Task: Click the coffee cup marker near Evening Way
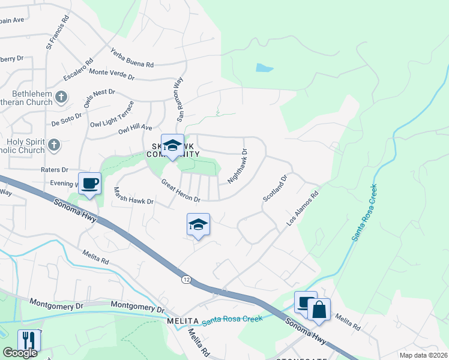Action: (x=90, y=184)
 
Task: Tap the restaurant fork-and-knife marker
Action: (x=29, y=340)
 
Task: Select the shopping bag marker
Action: (x=319, y=310)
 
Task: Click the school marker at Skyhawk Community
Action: (x=172, y=146)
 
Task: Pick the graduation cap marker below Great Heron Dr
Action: (x=198, y=225)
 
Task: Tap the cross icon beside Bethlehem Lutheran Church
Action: (x=61, y=96)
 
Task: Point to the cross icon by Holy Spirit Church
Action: (x=54, y=145)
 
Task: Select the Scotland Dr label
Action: (x=276, y=188)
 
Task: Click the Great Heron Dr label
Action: (x=180, y=190)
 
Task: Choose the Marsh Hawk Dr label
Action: (x=134, y=196)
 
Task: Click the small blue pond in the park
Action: (x=265, y=67)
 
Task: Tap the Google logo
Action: (x=20, y=353)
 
